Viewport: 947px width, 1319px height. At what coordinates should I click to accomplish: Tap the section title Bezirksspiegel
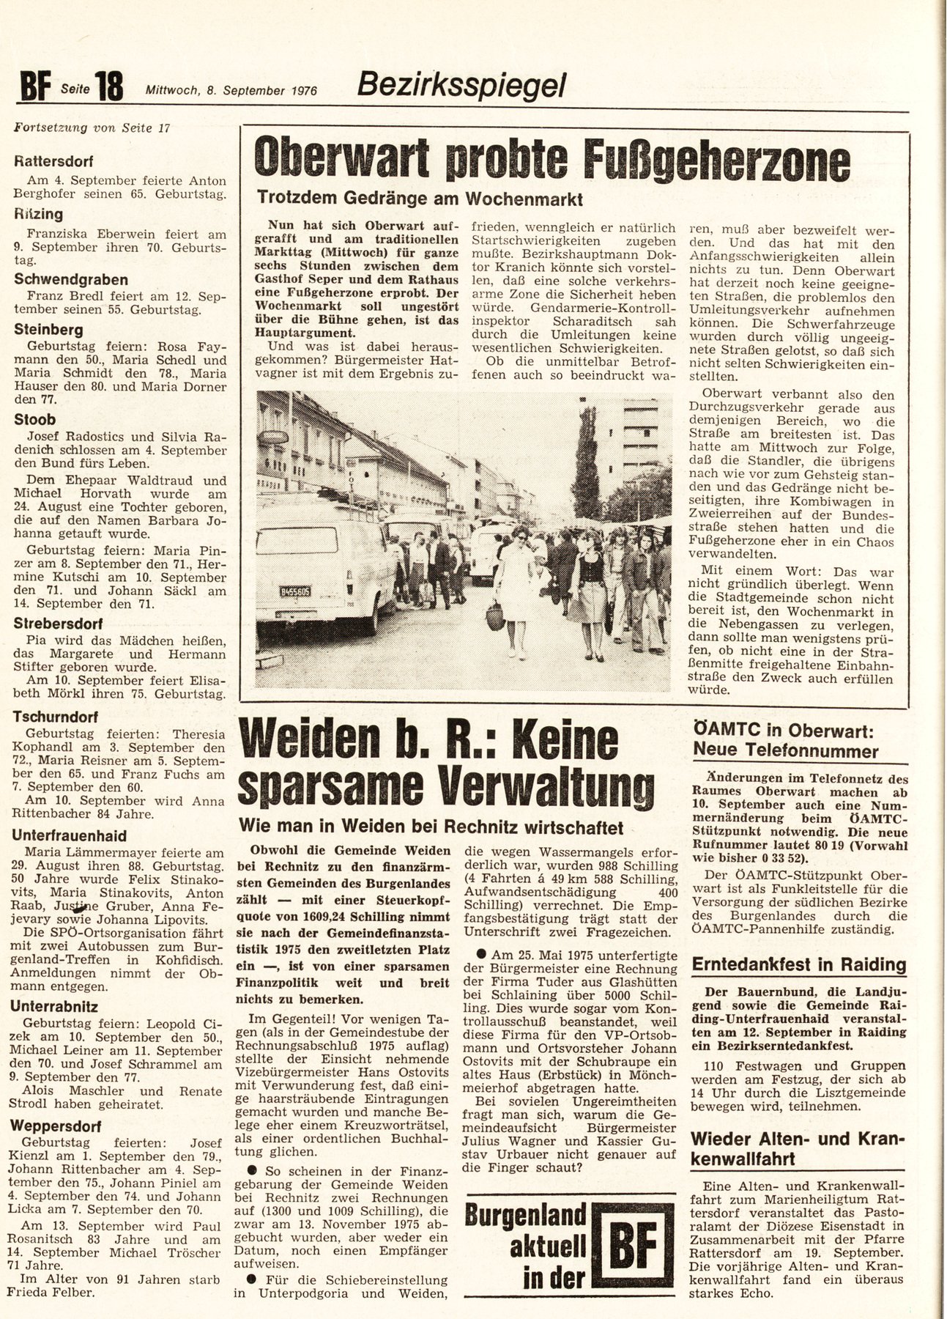pyautogui.click(x=461, y=86)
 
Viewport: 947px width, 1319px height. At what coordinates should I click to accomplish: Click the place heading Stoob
pyautogui.click(x=35, y=419)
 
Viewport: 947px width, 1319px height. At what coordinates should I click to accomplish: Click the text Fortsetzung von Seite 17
pyautogui.click(x=92, y=128)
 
